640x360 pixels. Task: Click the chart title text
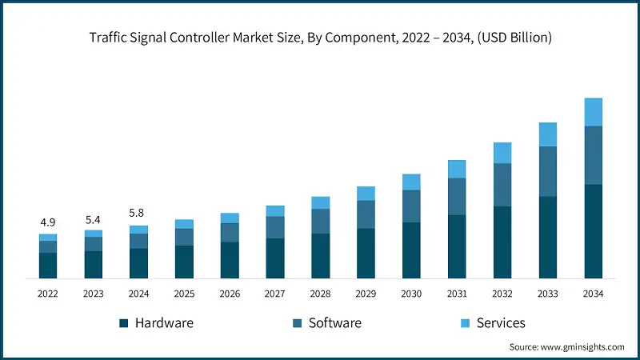point(320,38)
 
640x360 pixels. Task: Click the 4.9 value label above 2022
point(47,222)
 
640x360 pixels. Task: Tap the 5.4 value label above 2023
point(93,218)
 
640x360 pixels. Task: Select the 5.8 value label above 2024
point(138,214)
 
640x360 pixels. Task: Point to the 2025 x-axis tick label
point(184,294)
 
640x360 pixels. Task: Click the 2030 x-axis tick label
point(411,294)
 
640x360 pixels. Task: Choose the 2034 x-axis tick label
point(593,294)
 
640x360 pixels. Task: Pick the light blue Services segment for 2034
point(593,112)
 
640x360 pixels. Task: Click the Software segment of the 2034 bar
point(593,155)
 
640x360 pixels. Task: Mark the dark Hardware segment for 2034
point(593,231)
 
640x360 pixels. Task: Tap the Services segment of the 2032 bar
point(502,153)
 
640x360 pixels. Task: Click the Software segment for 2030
point(411,206)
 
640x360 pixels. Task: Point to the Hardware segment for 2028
point(320,256)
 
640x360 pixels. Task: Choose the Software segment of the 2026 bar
point(230,232)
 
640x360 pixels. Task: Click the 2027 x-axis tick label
point(275,294)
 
